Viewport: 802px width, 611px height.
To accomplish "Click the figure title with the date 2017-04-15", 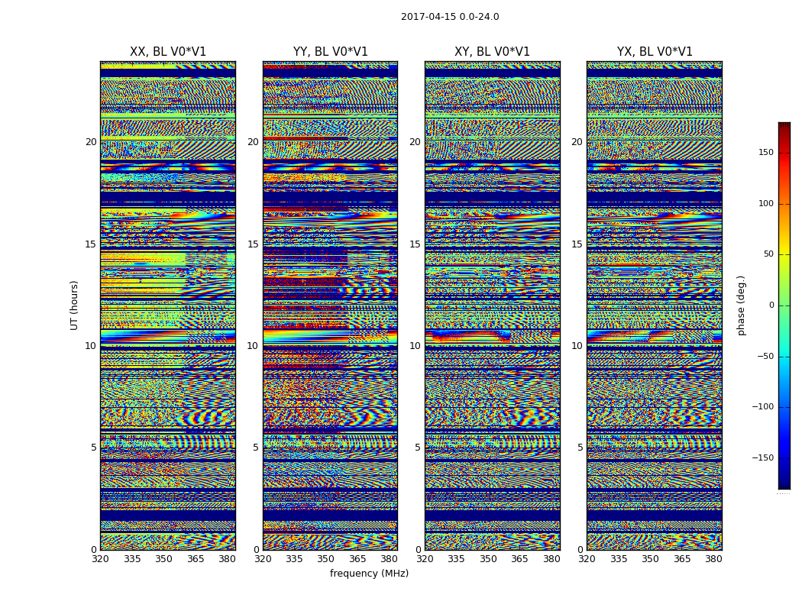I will point(450,17).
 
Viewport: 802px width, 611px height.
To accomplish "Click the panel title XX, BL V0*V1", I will point(168,52).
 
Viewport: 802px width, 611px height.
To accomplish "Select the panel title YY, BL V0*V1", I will point(330,52).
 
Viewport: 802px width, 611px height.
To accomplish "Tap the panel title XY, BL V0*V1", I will point(492,52).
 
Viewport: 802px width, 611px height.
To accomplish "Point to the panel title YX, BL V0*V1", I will point(655,52).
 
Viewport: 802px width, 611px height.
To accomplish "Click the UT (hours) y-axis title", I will point(75,305).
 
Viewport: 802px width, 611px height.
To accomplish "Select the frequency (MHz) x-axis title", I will point(369,574).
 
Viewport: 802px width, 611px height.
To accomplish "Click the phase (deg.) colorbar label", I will point(742,305).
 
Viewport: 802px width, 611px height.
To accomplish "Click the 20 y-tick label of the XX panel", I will point(91,142).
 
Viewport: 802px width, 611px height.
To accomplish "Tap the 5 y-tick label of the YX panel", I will point(580,448).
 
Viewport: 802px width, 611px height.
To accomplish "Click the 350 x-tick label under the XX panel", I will point(164,559).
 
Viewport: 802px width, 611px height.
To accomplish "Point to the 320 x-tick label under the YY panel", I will point(263,559).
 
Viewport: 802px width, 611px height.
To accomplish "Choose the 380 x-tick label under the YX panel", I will point(713,559).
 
